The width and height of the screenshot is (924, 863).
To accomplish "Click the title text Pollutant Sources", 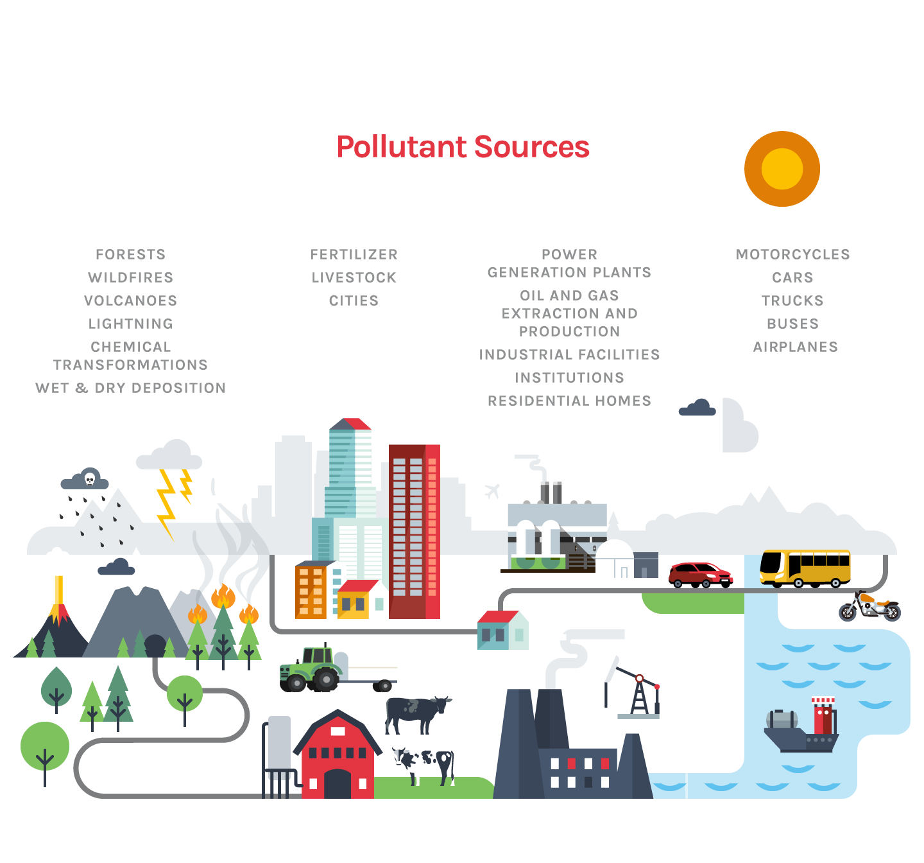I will click(x=463, y=147).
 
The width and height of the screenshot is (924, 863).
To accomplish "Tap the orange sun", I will click(x=782, y=169).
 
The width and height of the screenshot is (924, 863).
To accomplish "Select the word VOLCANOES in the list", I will click(x=130, y=301).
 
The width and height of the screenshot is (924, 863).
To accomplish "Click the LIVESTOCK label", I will click(x=354, y=277).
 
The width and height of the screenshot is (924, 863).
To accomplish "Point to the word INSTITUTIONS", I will click(x=569, y=378).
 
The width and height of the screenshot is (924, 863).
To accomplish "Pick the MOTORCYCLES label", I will click(x=792, y=254).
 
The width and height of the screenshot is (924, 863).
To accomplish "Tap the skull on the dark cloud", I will click(x=90, y=478).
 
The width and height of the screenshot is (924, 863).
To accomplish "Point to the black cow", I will click(x=417, y=713).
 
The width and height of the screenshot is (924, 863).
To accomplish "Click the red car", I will click(x=699, y=573).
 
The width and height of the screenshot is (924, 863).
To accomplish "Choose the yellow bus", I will click(x=805, y=567).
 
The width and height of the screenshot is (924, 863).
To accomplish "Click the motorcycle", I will click(x=869, y=607).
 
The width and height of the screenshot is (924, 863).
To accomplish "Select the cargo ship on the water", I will click(x=802, y=729).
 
